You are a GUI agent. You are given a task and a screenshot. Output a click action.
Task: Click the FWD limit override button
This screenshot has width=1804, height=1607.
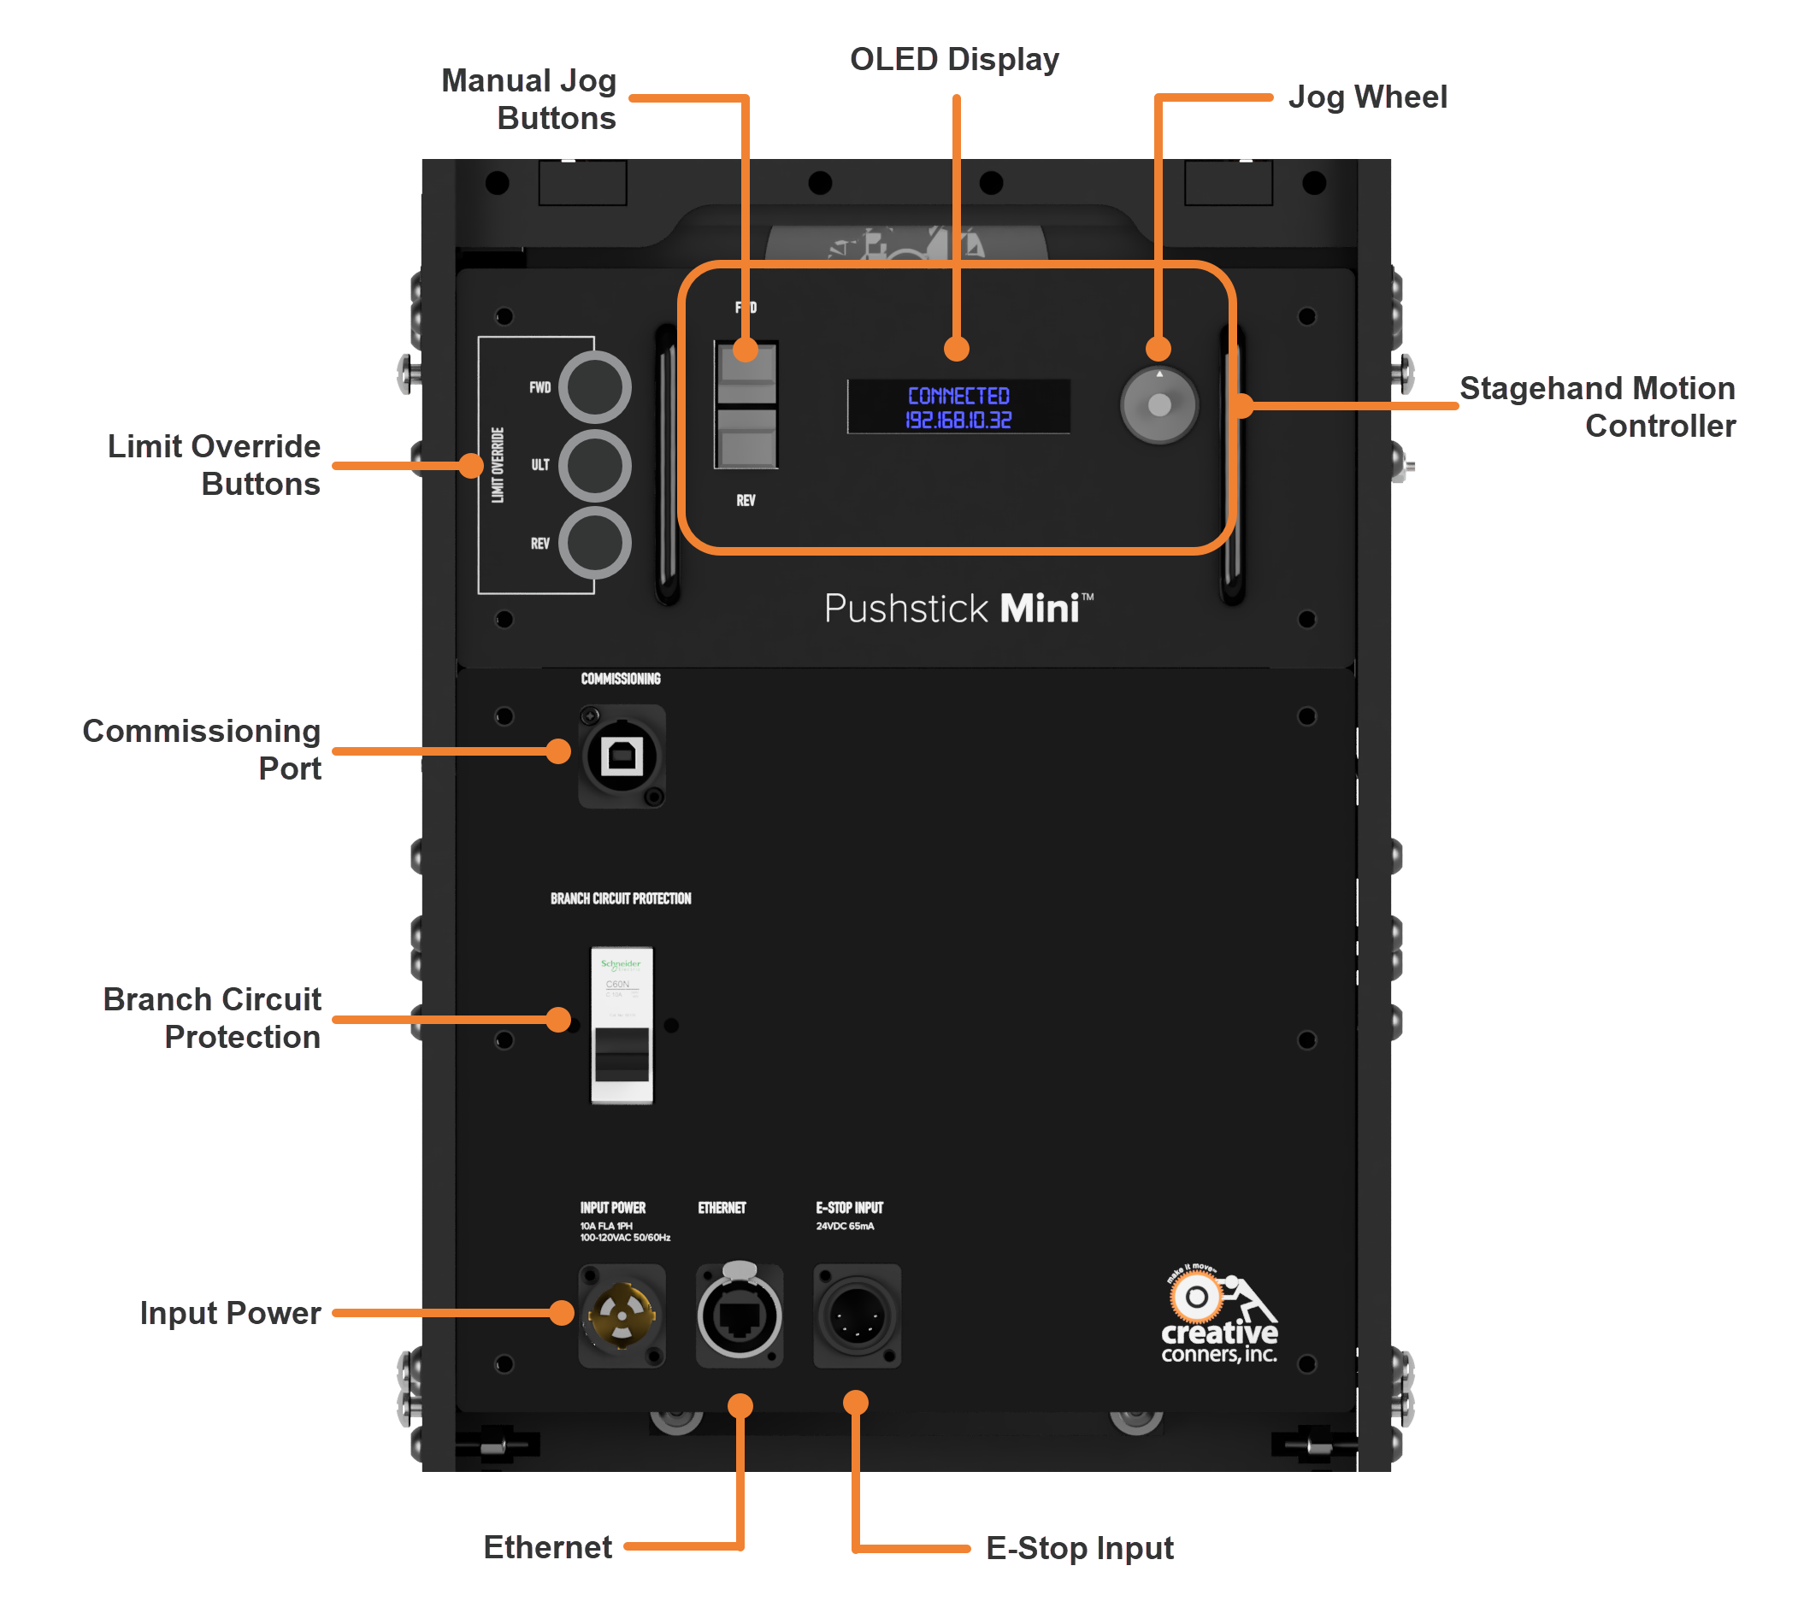594,386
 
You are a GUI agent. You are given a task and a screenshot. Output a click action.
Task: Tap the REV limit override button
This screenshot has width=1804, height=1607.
594,543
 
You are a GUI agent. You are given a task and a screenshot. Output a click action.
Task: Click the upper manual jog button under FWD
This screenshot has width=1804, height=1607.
746,374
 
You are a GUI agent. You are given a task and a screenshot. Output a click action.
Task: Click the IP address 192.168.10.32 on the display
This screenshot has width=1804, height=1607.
958,421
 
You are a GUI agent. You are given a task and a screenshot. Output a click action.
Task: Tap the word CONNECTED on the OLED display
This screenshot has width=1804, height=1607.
958,396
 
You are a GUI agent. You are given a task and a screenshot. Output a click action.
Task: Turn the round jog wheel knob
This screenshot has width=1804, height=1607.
1158,405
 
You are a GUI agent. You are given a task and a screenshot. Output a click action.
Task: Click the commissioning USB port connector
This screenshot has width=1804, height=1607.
622,756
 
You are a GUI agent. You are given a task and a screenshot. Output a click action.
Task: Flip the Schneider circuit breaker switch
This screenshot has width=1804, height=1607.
622,1053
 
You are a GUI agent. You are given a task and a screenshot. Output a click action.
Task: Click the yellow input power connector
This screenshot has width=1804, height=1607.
622,1316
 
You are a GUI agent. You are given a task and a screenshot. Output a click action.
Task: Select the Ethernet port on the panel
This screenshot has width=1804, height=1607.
739,1316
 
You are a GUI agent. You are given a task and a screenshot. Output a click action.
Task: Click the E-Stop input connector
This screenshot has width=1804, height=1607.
857,1316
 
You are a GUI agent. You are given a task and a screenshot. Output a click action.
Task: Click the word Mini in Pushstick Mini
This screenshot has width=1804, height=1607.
1040,609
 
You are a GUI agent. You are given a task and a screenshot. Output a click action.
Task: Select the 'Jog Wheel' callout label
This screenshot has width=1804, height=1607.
1367,97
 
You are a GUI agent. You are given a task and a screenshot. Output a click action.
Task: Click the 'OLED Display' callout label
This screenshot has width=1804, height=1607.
953,59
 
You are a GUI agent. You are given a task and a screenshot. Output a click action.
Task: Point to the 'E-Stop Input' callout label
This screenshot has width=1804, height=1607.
1079,1548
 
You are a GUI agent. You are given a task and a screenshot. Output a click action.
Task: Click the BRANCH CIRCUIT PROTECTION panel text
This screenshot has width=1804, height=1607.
621,899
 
